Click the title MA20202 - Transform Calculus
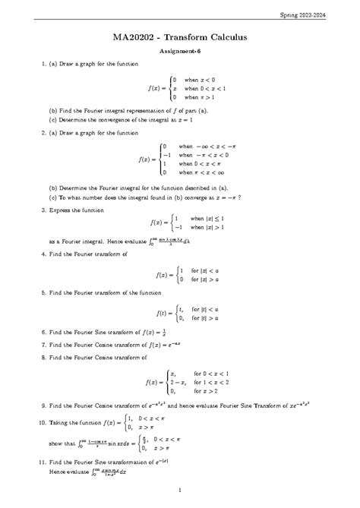tap(180, 36)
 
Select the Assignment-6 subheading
tap(180, 51)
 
